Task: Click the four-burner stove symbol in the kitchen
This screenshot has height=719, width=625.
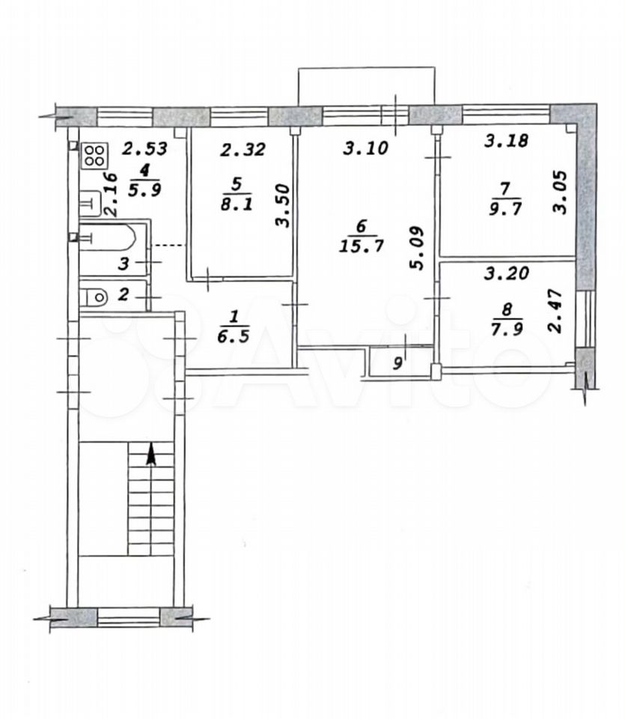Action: click(95, 154)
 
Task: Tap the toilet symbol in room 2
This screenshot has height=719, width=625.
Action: click(94, 297)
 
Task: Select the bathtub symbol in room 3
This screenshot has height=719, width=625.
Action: click(108, 237)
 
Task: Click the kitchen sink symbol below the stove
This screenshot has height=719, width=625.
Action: click(90, 203)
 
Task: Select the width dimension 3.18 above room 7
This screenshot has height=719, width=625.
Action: click(506, 140)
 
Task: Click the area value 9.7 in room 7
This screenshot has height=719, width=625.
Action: click(505, 209)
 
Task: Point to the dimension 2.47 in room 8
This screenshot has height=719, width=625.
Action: click(555, 310)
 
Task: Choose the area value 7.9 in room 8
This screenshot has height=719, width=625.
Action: click(507, 329)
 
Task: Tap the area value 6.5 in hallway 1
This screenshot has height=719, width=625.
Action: click(234, 336)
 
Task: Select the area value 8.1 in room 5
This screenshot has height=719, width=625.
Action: click(237, 204)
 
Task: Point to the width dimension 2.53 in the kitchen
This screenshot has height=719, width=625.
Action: click(145, 148)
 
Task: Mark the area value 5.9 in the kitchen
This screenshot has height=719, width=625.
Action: click(144, 189)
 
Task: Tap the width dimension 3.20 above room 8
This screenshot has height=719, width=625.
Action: click(507, 274)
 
